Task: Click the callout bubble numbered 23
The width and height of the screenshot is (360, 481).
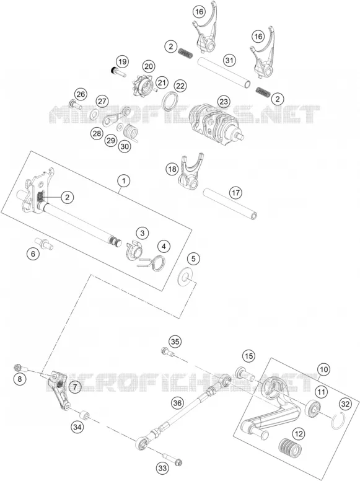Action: pyautogui.click(x=224, y=102)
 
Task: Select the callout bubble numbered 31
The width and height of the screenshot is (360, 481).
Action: pyautogui.click(x=229, y=60)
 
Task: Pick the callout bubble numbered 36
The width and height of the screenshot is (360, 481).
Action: pyautogui.click(x=178, y=403)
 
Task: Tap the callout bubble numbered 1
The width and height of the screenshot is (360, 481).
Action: pyautogui.click(x=123, y=180)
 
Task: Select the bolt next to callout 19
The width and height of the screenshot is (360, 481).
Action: pyautogui.click(x=118, y=72)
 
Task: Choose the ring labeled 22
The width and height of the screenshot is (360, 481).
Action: pyautogui.click(x=170, y=100)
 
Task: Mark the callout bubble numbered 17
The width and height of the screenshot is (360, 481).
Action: pyautogui.click(x=236, y=193)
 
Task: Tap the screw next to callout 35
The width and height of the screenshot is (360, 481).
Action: pyautogui.click(x=168, y=353)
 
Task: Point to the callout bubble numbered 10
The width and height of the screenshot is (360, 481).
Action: pyautogui.click(x=324, y=369)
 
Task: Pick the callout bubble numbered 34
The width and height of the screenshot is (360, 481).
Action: pyautogui.click(x=77, y=426)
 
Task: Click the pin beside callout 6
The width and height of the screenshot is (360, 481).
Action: pyautogui.click(x=44, y=243)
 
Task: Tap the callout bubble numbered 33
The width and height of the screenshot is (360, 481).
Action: pyautogui.click(x=162, y=468)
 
